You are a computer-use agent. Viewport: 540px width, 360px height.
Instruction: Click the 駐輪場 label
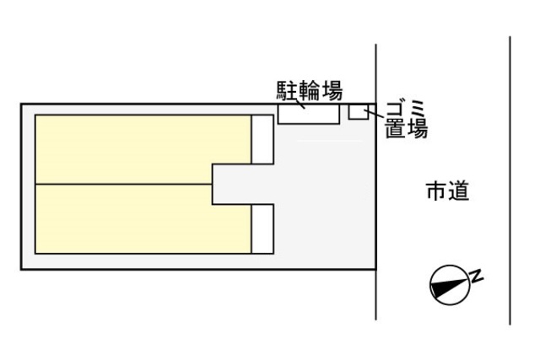[x=310, y=89]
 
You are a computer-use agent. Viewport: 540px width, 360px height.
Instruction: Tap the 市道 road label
[x=447, y=192]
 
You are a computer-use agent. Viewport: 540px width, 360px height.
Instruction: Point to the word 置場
[x=407, y=130]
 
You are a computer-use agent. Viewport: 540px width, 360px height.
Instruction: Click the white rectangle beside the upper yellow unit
[x=262, y=138]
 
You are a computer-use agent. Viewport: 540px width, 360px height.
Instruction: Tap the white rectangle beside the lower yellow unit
[x=262, y=228]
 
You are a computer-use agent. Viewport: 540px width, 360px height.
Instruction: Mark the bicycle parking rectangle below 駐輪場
[x=309, y=114]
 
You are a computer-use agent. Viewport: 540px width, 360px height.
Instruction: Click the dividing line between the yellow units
[x=122, y=183]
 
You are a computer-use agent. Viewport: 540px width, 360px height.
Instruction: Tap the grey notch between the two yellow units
[x=232, y=183]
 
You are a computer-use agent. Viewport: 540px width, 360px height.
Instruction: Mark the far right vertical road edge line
[x=510, y=181]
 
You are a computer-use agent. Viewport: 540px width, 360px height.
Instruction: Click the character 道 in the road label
[x=458, y=192]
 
